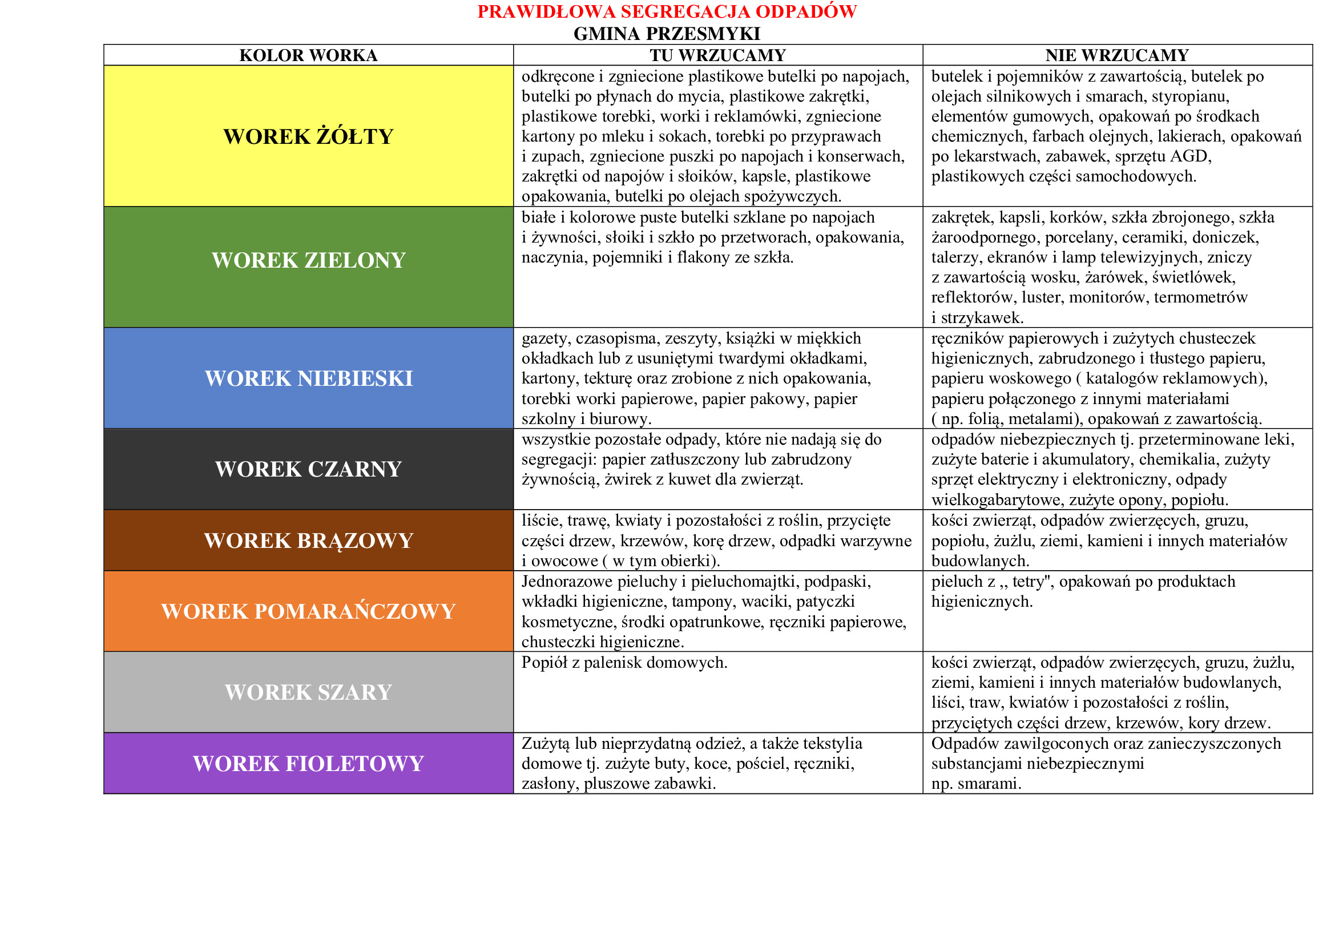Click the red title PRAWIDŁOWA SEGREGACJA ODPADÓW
[x=666, y=11]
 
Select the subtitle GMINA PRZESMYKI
[x=666, y=34]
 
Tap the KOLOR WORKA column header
[x=308, y=55]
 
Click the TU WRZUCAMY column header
[x=717, y=55]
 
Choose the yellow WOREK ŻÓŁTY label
[x=308, y=136]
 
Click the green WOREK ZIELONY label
[x=308, y=260]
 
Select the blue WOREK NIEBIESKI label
[x=308, y=378]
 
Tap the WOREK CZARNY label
[x=308, y=469]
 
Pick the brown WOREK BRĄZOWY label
[x=308, y=540]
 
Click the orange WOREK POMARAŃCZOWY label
[x=308, y=611]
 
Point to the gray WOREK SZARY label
[x=308, y=692]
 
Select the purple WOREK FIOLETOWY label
[x=308, y=764]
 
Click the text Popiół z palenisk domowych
[x=624, y=663]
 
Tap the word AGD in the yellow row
[x=1192, y=156]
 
